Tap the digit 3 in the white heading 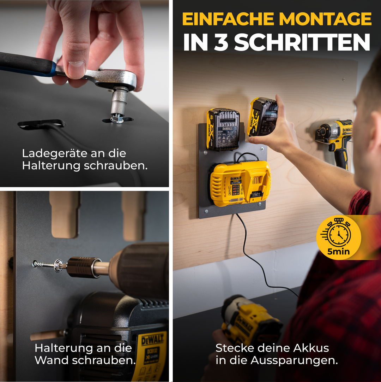[x=220, y=42]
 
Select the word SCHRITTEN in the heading [x=302, y=42]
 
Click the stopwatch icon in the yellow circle [x=338, y=234]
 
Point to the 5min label [x=338, y=252]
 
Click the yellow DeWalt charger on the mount [x=240, y=184]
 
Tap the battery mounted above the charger [x=223, y=129]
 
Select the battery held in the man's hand [x=263, y=117]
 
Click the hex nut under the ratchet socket [x=117, y=119]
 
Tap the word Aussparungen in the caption [x=294, y=360]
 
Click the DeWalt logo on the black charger [x=152, y=340]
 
